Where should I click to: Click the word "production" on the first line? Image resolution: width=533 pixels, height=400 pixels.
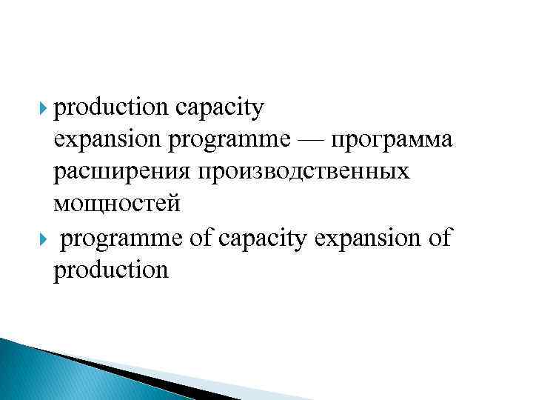point(110,108)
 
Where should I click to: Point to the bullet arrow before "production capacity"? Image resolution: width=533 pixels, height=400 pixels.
point(45,109)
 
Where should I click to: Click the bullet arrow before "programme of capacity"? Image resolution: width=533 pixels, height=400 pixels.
point(45,239)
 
